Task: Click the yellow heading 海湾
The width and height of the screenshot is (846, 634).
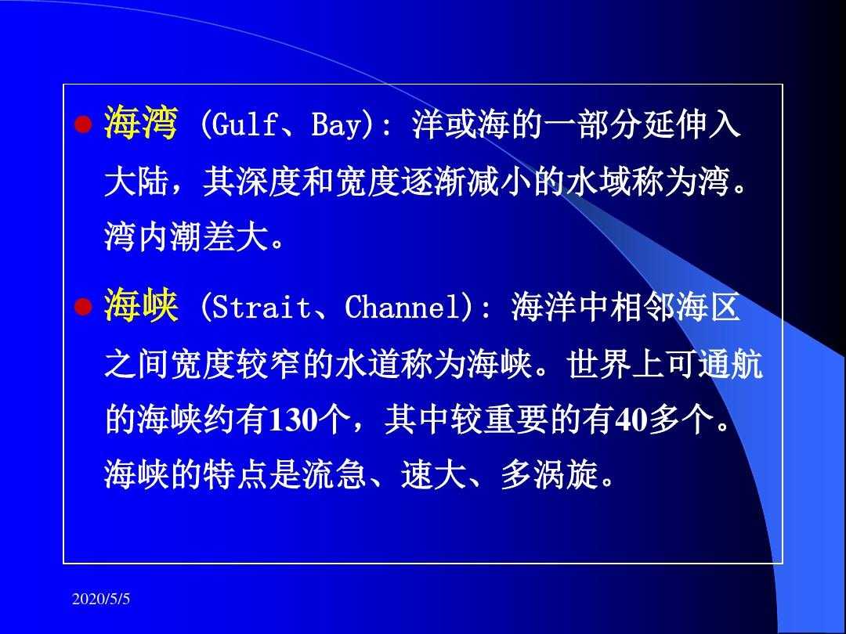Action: point(141,124)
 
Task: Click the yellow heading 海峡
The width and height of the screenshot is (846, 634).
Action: point(141,306)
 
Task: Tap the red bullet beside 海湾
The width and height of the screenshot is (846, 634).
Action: point(84,125)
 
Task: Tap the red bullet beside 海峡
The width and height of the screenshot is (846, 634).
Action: point(84,308)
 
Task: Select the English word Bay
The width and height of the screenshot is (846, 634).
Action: point(335,126)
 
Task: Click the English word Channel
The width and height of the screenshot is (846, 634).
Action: point(408,308)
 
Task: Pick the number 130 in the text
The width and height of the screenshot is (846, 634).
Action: point(291,420)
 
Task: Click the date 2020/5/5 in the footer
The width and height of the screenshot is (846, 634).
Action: point(101,599)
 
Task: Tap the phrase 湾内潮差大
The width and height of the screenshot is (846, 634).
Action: point(186,236)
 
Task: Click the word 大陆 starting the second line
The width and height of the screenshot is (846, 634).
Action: point(136,182)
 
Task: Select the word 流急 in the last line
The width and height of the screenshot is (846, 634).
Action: point(335,474)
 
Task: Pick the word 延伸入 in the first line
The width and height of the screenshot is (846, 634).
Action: point(691,125)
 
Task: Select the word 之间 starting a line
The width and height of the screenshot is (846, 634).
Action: point(136,365)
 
